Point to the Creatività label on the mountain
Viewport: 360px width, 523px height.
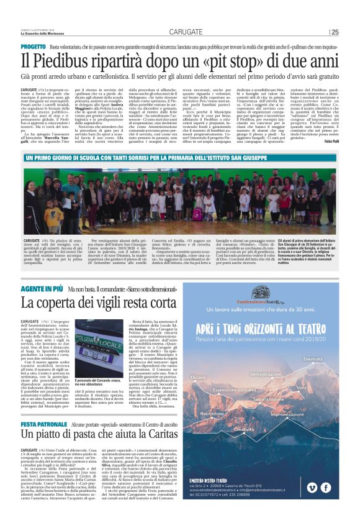pos(244,429)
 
